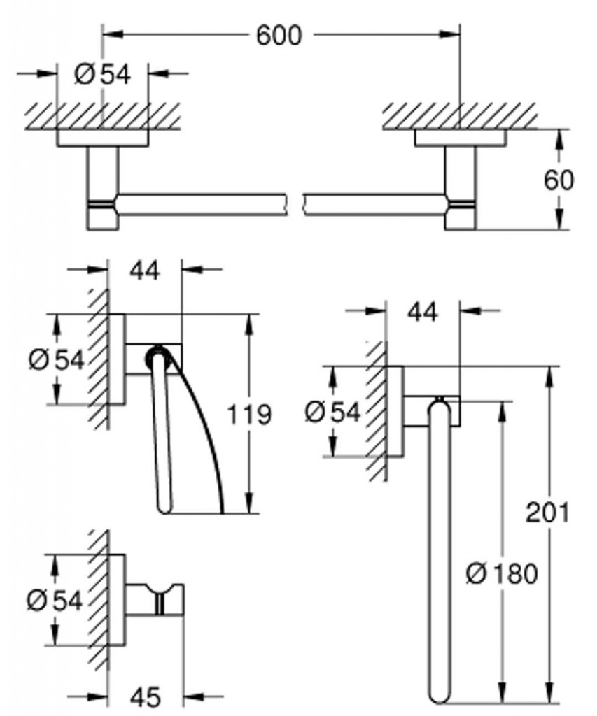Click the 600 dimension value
(279, 35)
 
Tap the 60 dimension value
(558, 180)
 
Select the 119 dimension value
(249, 415)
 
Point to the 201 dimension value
(547, 512)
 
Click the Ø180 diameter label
(501, 573)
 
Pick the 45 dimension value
(146, 697)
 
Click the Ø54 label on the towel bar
(102, 74)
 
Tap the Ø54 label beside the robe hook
(55, 600)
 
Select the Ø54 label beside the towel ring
(332, 413)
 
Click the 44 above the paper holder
(144, 271)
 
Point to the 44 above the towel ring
(423, 313)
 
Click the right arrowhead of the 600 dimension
(449, 34)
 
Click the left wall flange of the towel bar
(102, 138)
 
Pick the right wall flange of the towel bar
(461, 138)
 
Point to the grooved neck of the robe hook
(160, 599)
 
